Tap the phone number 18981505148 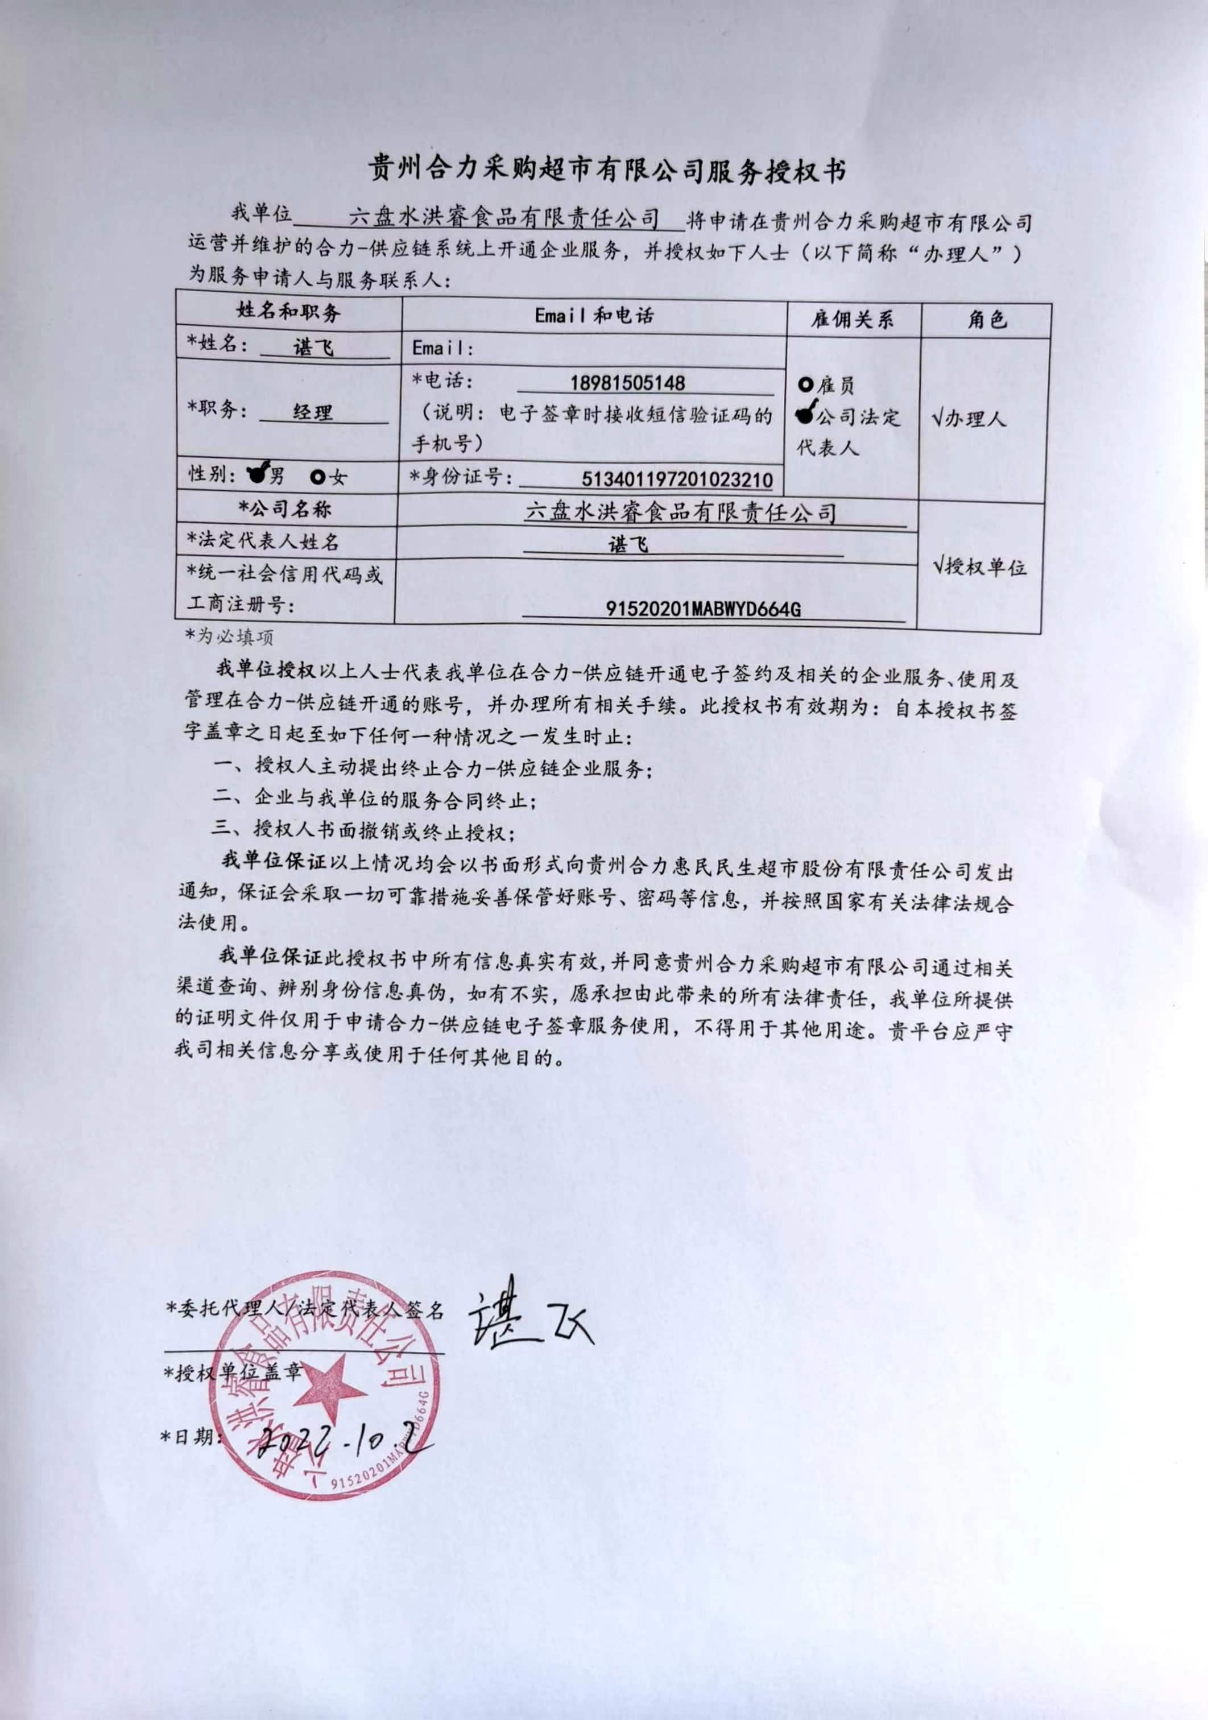point(627,383)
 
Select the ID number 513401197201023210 point(677,479)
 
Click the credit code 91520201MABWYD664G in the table point(703,609)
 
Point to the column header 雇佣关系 point(853,320)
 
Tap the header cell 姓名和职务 point(288,311)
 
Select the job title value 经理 point(312,412)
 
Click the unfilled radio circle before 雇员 point(805,386)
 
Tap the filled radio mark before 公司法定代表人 point(805,414)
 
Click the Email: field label point(442,348)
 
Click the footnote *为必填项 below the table point(230,637)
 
